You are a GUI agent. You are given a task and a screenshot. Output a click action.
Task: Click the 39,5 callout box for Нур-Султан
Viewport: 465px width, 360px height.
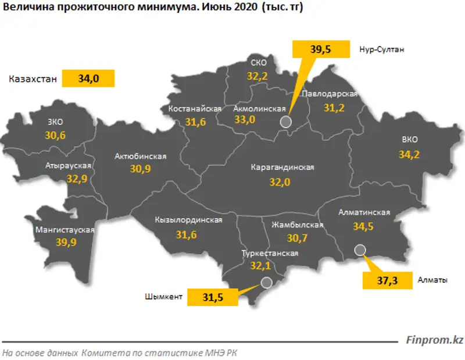point(321,49)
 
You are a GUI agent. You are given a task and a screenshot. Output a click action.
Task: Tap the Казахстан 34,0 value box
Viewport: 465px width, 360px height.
point(88,79)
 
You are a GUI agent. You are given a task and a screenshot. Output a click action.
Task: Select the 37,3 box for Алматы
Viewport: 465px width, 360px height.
point(383,280)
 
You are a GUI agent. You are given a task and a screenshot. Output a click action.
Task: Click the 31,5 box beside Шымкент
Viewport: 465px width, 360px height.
point(213,297)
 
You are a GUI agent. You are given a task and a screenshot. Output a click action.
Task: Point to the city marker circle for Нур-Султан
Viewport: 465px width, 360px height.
point(285,122)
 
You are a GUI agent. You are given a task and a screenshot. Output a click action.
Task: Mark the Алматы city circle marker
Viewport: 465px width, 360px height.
point(360,250)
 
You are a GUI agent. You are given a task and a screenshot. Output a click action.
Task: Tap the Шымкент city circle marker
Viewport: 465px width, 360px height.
point(266,283)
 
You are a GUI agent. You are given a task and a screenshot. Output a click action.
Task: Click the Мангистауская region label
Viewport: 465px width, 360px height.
point(65,230)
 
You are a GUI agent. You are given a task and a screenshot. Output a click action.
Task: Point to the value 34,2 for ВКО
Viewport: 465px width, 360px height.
point(410,154)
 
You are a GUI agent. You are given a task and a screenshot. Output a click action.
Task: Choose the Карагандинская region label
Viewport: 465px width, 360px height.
point(282,167)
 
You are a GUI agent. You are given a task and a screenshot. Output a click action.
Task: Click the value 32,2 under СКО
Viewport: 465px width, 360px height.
point(256,76)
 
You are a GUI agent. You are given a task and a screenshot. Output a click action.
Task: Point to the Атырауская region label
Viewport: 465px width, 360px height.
point(69,166)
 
